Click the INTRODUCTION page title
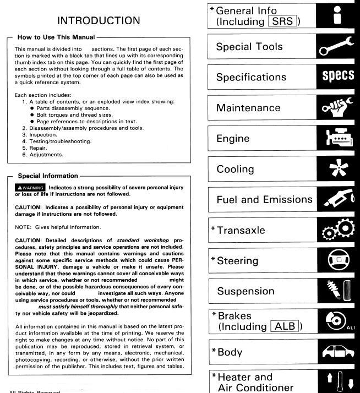click(x=99, y=21)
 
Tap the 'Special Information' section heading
click(x=48, y=176)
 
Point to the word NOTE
click(x=23, y=227)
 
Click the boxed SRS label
click(x=284, y=21)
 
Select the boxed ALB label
click(x=284, y=327)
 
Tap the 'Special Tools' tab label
click(x=249, y=47)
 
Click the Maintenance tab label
click(x=248, y=108)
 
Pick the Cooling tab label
click(x=235, y=170)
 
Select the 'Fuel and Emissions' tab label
click(x=264, y=200)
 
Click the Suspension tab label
click(x=246, y=291)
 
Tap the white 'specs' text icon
click(x=337, y=77)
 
